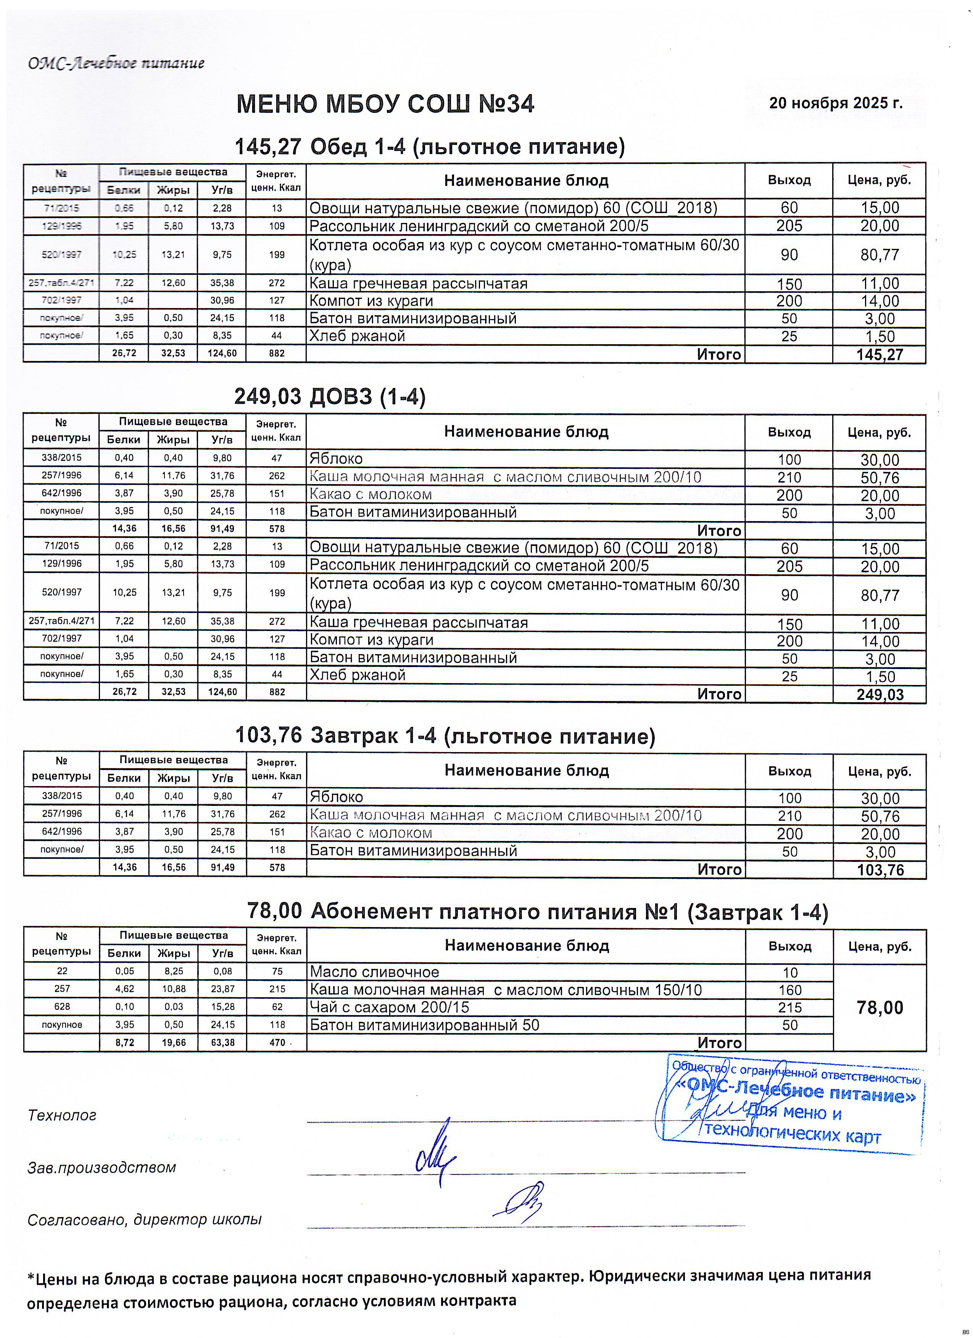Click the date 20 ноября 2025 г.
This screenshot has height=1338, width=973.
tap(835, 103)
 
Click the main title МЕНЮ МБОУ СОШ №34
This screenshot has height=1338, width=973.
tap(385, 104)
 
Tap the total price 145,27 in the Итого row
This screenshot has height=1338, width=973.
tap(880, 355)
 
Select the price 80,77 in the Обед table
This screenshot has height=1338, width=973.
tap(880, 255)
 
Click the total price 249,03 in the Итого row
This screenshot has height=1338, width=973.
tap(880, 695)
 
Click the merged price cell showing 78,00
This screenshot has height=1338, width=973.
tap(880, 1008)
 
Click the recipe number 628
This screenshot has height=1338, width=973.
tap(61, 1007)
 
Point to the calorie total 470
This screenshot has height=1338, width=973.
tap(277, 1043)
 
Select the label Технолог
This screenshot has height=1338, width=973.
tap(62, 1116)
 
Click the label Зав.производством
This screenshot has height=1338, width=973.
tap(101, 1168)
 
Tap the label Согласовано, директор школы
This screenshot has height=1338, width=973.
tap(145, 1219)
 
